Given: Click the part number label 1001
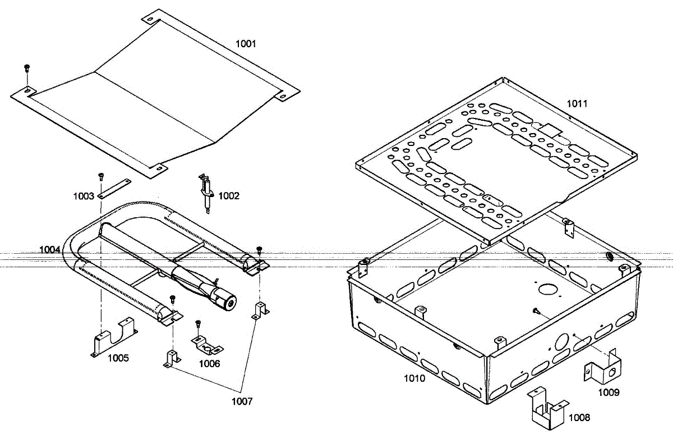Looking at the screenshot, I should [246, 44].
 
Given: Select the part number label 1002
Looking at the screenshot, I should [229, 196].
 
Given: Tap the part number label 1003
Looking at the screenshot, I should [84, 197].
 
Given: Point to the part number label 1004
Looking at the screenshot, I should [49, 249].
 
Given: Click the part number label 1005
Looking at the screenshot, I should [118, 358].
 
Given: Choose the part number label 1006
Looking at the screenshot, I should [210, 363].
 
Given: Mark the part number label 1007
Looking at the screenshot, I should [242, 401].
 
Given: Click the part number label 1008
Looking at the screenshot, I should [579, 418].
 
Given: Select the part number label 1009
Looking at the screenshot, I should [609, 392].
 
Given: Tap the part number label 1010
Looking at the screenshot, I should [415, 378].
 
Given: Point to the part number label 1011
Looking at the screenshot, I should [577, 103].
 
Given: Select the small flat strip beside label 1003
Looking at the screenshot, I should [114, 188].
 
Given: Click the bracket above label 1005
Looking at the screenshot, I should [113, 337].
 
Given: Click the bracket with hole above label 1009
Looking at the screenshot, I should [603, 367].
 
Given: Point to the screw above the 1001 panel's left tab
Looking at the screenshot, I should [26, 68].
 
